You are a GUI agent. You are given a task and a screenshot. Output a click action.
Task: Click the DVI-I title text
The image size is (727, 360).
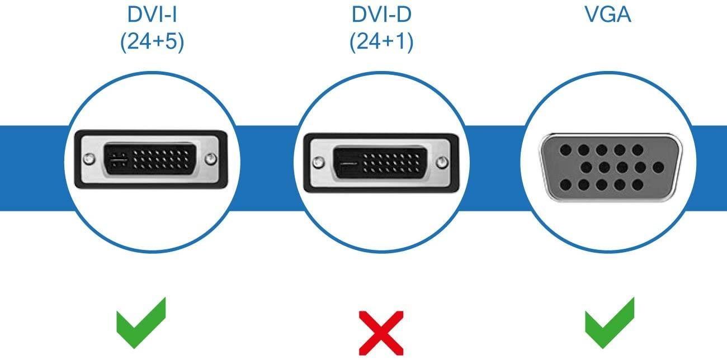coord(152,15)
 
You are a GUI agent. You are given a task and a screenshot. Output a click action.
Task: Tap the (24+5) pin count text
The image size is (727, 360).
coord(152,41)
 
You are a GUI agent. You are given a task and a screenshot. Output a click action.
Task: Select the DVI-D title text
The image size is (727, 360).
coord(381,15)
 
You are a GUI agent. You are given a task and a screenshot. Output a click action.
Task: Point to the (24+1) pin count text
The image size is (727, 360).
coord(381,41)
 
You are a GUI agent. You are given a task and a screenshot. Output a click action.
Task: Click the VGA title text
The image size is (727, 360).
coord(608,15)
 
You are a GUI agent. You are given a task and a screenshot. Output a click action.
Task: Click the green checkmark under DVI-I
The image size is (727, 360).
coord(141,323)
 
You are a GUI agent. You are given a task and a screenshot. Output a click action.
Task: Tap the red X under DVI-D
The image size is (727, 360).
coord(381,333)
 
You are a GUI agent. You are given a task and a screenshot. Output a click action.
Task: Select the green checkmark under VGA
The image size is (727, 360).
coord(610,323)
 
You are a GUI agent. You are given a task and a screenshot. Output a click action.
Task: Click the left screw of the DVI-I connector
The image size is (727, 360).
coord(89,159)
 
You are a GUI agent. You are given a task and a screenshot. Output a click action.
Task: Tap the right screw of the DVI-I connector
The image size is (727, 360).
coord(211,159)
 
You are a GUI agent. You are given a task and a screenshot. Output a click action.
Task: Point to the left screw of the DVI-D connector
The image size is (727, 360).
coord(318,163)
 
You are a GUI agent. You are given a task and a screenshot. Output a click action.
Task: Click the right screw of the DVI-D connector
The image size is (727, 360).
coord(442,163)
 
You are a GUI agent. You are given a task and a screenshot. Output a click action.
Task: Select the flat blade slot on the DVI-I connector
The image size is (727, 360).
coord(119,159)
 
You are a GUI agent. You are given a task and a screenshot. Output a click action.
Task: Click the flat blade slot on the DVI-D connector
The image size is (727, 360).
coord(348,163)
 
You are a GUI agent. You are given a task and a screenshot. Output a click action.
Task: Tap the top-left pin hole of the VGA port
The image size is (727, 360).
coord(566,150)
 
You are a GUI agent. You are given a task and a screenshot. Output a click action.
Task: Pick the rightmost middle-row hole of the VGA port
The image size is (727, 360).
coord(658,168)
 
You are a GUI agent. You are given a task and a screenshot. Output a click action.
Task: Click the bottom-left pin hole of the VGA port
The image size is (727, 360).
coord(566,185)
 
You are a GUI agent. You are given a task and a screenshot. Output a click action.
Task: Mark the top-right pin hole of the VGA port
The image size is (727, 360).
coord(638,150)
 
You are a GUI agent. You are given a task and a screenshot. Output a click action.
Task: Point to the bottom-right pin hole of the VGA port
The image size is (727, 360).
coord(638,185)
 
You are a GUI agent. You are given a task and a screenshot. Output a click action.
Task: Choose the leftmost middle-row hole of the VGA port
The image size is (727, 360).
coord(586,168)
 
